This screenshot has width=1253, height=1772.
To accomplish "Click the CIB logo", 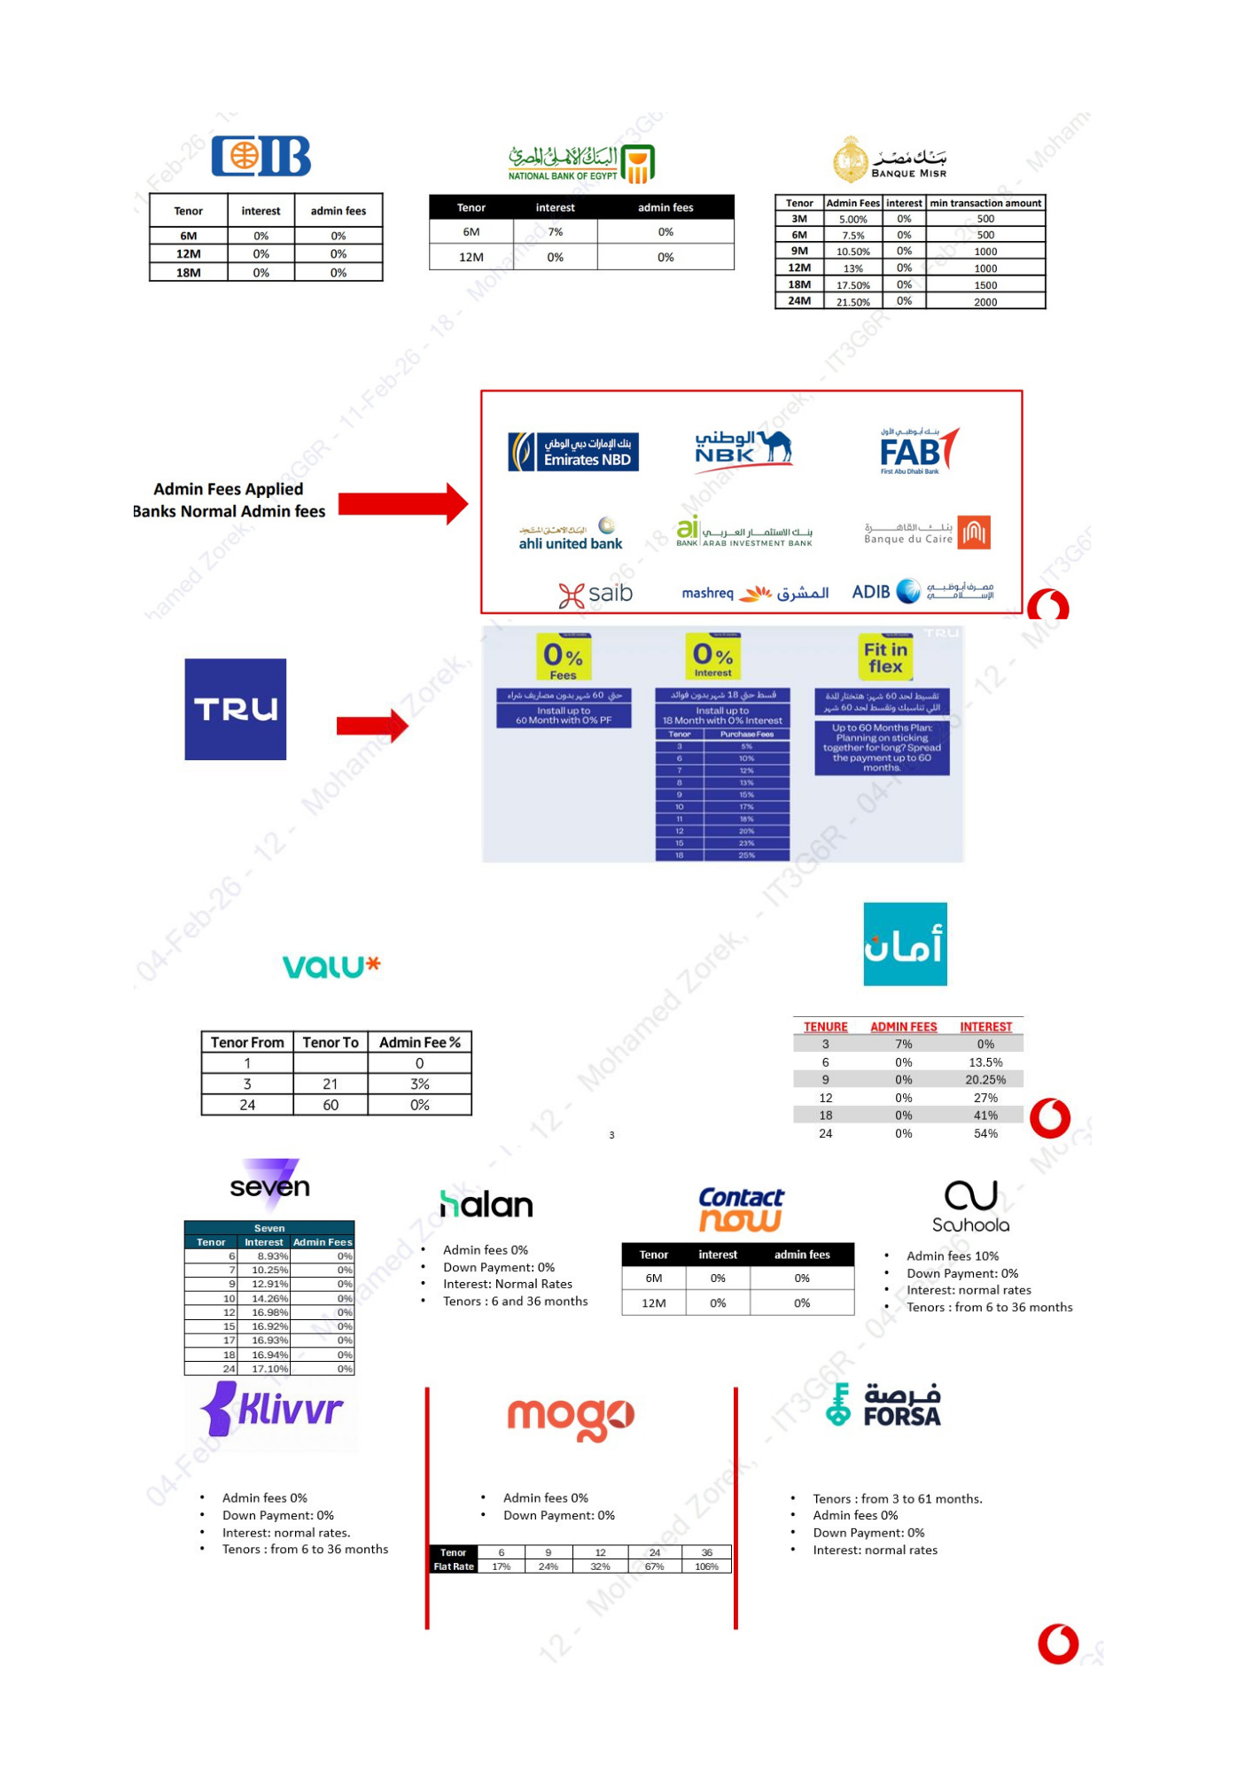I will (261, 157).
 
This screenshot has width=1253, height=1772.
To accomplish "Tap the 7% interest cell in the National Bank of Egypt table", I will (555, 232).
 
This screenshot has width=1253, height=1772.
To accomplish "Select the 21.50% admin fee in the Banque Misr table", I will (852, 302).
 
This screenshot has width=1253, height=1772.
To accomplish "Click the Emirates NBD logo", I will (573, 452).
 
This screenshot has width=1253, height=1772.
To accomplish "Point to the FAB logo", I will (918, 451).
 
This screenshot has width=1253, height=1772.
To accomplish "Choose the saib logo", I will (595, 594).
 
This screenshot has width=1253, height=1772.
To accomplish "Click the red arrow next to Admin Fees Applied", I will (402, 504).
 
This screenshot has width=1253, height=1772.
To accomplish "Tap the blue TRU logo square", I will (235, 709).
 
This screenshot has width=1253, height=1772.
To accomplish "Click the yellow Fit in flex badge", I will (885, 657).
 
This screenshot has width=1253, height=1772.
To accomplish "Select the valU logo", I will (331, 966).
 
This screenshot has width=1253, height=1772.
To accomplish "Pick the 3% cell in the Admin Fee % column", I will (419, 1084).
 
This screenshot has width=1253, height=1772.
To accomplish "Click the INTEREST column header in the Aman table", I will (985, 1027).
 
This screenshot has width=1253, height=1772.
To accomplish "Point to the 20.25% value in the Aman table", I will (985, 1080).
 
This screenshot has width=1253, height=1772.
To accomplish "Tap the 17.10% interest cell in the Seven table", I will (269, 1369).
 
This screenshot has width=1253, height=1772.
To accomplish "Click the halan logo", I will (486, 1205).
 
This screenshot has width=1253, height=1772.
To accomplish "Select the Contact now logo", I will (741, 1209).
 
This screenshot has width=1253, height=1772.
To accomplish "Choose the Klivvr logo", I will (272, 1408).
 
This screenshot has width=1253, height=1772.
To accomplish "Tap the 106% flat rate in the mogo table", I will (706, 1566).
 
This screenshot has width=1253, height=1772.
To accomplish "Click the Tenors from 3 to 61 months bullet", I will (897, 1499).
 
